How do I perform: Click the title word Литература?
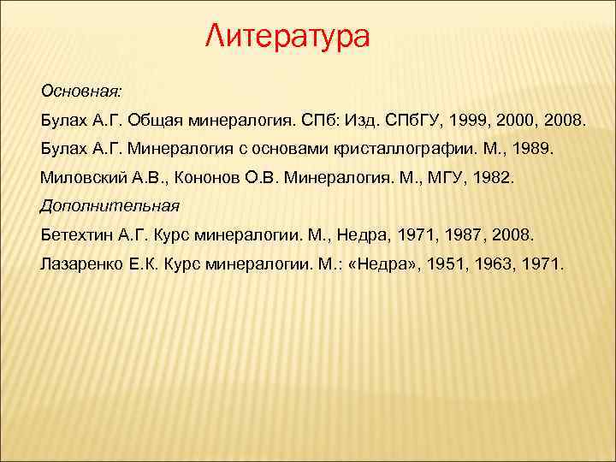[289, 37]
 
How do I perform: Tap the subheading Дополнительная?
[110, 205]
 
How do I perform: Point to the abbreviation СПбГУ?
[415, 118]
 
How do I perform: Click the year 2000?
[516, 118]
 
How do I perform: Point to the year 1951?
[449, 264]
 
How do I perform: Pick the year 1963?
[497, 264]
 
